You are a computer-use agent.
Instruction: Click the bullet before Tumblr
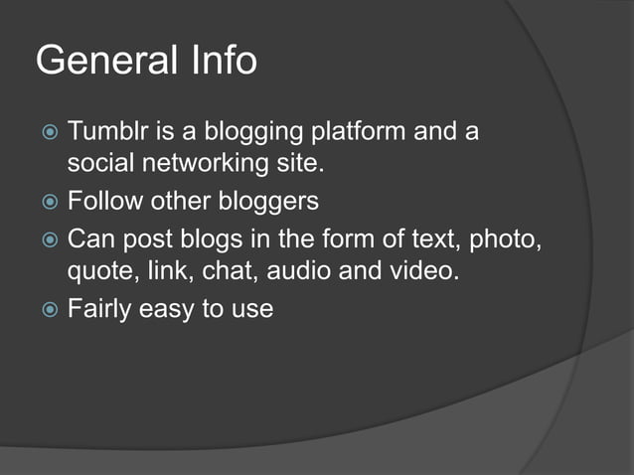click(x=49, y=132)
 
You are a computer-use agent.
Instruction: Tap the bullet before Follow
click(x=49, y=202)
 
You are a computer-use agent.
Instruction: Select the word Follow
click(x=105, y=201)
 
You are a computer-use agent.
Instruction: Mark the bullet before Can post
click(x=49, y=240)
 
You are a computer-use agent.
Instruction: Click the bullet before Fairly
click(x=49, y=310)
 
